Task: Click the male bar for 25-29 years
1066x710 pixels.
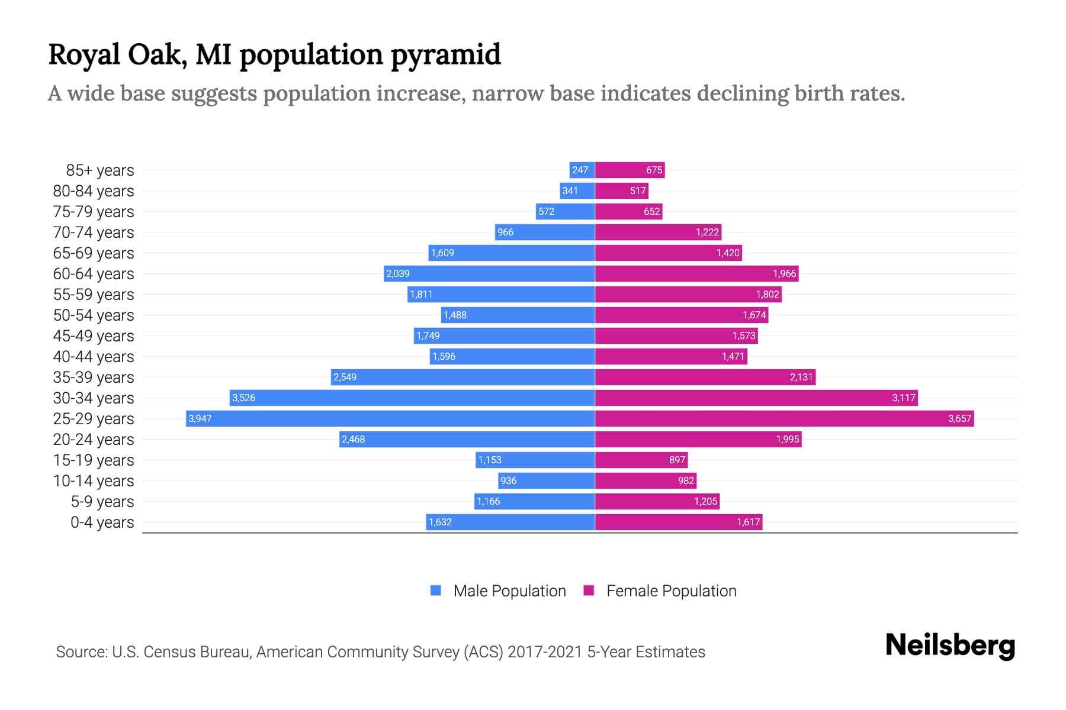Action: click(391, 419)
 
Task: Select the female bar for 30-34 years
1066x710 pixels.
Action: click(756, 398)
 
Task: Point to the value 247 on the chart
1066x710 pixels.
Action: click(580, 170)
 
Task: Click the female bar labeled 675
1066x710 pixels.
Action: click(630, 170)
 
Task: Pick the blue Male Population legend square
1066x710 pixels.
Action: click(436, 590)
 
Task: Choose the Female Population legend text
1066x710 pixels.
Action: click(671, 591)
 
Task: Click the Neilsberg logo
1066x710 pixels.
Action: click(950, 646)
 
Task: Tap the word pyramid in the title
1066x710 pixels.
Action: click(445, 54)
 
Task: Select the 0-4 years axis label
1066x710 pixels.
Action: click(102, 522)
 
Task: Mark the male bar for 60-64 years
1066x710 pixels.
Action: click(489, 274)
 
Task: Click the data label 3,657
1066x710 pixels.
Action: click(959, 419)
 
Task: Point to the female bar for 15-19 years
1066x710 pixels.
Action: click(641, 460)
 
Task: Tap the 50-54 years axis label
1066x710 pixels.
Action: click(94, 315)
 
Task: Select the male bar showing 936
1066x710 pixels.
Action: click(546, 481)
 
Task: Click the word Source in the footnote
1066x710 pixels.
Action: click(81, 652)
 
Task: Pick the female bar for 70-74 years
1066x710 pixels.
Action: click(658, 233)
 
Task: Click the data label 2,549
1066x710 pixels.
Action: click(345, 377)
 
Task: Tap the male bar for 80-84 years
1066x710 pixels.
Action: click(577, 191)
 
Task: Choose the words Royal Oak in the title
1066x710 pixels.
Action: click(117, 54)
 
